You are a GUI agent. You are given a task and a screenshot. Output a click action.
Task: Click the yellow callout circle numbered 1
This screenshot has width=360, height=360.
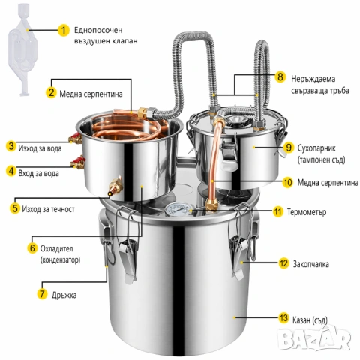tap(64, 30)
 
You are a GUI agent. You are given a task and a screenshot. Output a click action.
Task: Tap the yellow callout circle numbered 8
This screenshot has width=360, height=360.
tap(280, 76)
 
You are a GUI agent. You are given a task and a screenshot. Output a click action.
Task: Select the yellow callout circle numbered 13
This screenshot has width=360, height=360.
tap(283, 318)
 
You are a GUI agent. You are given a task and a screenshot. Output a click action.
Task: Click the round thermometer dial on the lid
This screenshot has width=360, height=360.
tap(178, 210)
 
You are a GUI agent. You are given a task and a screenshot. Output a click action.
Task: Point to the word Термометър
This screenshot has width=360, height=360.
tap(307, 212)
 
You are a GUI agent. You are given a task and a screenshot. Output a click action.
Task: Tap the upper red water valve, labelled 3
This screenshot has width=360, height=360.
tap(76, 138)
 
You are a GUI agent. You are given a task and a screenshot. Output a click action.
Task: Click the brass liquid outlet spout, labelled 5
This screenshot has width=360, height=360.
tap(115, 187)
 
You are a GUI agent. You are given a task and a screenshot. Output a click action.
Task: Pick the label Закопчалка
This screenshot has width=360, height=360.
tap(311, 264)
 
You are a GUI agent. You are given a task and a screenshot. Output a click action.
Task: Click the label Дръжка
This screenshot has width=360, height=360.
tap(64, 295)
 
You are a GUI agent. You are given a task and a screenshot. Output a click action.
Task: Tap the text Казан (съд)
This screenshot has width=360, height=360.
tap(310, 319)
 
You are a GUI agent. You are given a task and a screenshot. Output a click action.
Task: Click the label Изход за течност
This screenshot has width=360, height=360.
tap(48, 209)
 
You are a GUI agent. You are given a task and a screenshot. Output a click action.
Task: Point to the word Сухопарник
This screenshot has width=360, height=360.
tap(316, 148)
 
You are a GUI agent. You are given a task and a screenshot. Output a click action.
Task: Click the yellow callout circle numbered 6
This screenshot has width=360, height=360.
tap(32, 248)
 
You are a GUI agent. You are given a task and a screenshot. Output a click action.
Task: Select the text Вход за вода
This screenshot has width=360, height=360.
tap(39, 173)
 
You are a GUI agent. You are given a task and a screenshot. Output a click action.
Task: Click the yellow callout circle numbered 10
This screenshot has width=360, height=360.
tap(287, 182)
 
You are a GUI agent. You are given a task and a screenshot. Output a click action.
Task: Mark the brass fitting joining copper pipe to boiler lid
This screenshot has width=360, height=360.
tap(211, 204)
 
